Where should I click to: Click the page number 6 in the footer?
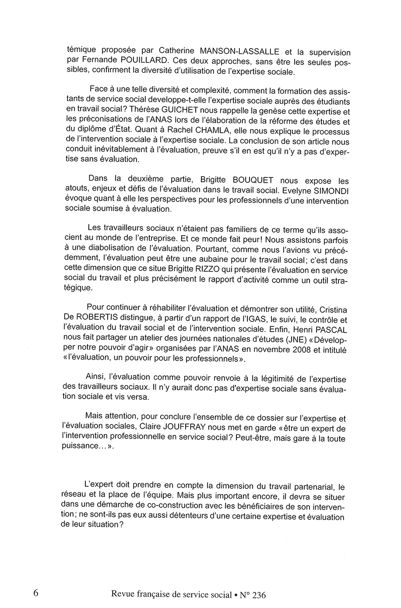(35, 593)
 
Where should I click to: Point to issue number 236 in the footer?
(259, 595)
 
